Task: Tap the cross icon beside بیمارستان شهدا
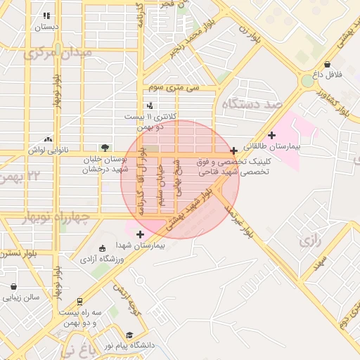coord(140,234)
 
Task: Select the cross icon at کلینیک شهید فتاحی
coord(233,150)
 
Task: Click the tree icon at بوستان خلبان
coord(105,148)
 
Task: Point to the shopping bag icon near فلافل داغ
coord(327,64)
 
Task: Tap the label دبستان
coord(46,27)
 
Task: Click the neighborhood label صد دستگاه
coord(252,104)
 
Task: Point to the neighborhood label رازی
coord(309,242)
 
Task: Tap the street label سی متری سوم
coord(173,87)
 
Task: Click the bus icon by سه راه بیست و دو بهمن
coord(79,301)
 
